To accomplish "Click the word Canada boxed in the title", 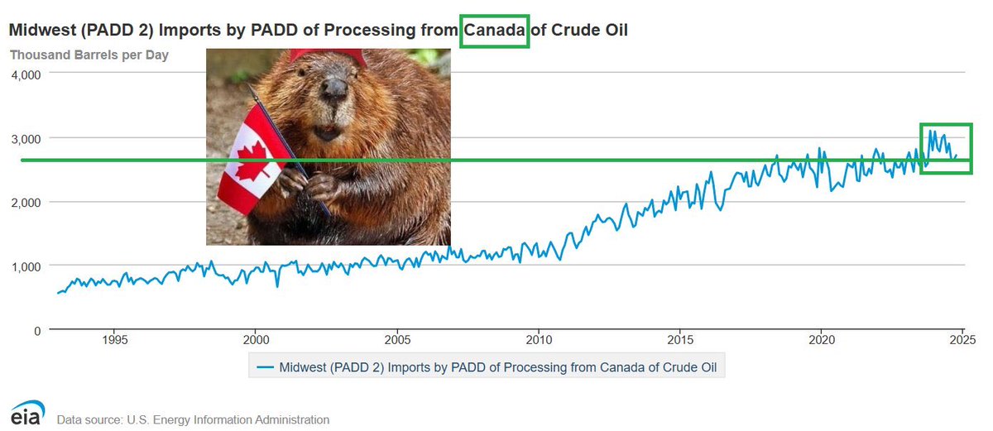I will [494, 31].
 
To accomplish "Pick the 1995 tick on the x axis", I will [115, 340].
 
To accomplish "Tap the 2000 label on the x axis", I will [256, 340].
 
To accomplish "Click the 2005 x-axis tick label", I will [397, 340].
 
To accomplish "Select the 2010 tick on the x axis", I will [539, 340].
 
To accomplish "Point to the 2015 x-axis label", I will [679, 340].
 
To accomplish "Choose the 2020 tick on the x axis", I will [821, 340].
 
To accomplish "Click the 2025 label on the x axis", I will [962, 340].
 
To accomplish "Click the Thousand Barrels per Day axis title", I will [89, 55].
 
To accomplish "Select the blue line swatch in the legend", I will [265, 366].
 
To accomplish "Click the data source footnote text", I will [193, 419].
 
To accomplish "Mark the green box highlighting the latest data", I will [947, 149].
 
